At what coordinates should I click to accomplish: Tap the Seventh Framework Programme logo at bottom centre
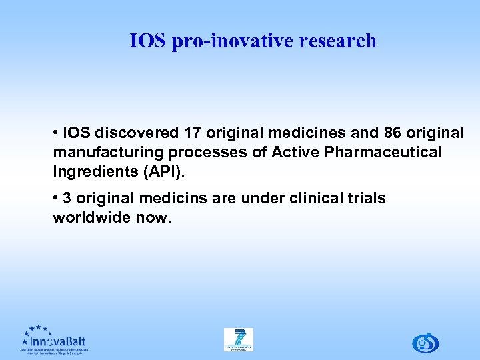click(x=238, y=339)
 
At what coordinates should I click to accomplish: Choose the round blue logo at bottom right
click(x=425, y=343)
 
